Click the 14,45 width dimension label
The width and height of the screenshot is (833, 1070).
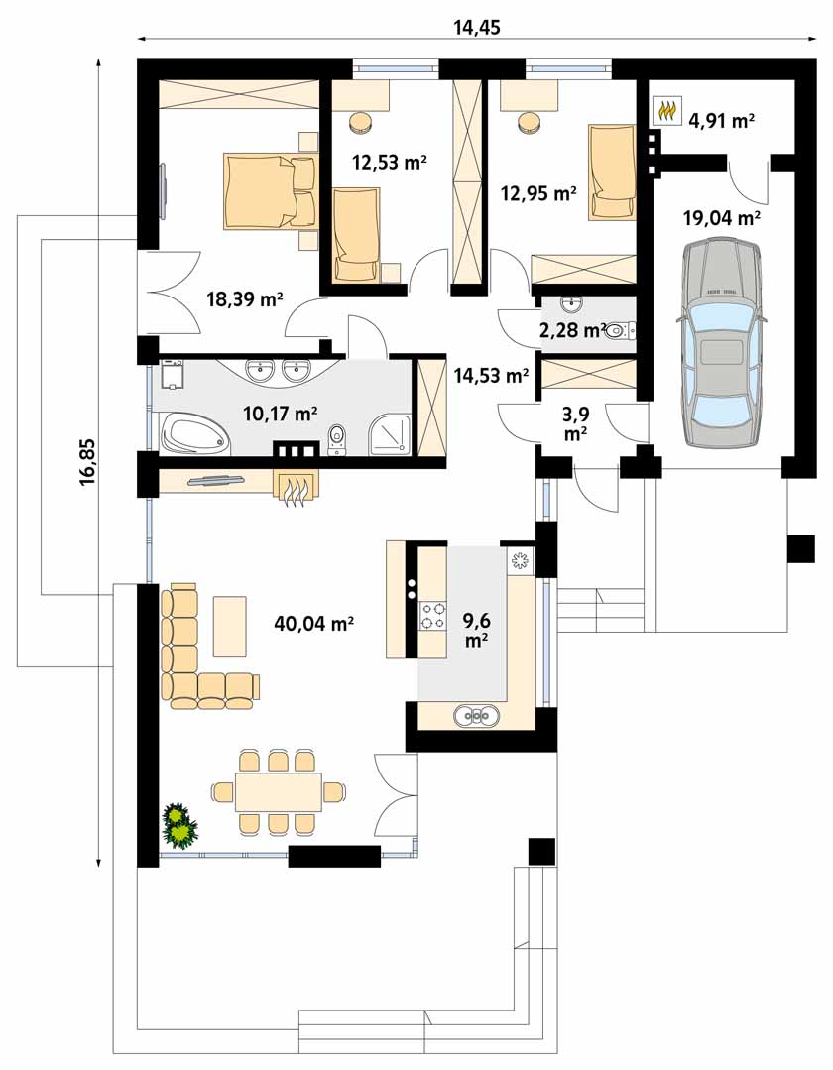pos(477,27)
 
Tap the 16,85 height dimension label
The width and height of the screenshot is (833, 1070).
pos(88,461)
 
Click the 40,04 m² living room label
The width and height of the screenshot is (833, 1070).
pos(313,623)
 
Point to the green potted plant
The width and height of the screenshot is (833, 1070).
pos(179,826)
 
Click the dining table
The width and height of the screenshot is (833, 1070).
pos(279,792)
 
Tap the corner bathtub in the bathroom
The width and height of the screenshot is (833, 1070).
pos(194,434)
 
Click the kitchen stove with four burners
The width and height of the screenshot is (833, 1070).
pos(433,614)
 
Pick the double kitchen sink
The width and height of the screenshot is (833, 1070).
pos(476,716)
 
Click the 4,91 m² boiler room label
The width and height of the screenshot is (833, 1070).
pos(722,121)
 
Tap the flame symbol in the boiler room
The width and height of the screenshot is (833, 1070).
pos(666,110)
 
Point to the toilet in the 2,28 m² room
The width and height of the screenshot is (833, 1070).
pos(620,331)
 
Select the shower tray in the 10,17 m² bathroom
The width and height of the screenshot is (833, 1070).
pos(391,435)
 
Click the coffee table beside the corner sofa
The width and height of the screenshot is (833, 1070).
pos(230,626)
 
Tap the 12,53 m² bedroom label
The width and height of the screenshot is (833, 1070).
pos(390,162)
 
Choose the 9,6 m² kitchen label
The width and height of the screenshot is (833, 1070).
pos(476,630)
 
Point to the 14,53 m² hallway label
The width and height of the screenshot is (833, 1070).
pos(491,375)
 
